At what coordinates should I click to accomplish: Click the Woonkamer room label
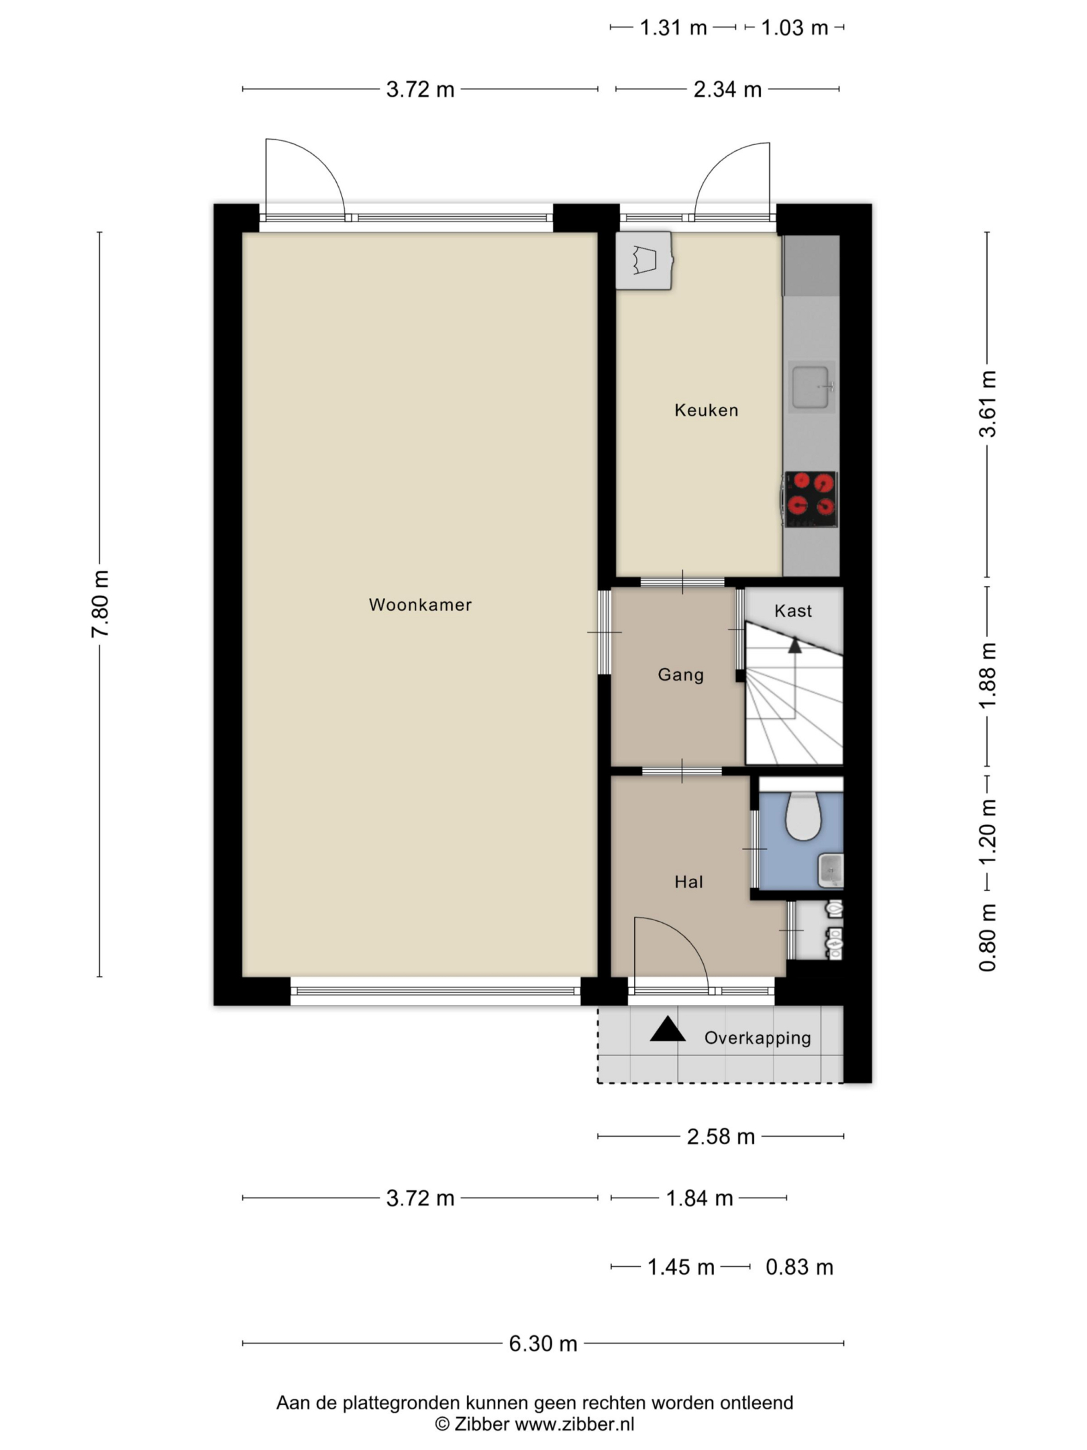(420, 605)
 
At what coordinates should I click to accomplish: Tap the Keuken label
(706, 410)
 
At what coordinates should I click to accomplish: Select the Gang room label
(680, 675)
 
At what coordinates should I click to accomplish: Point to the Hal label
(688, 882)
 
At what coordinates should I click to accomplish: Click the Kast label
(793, 611)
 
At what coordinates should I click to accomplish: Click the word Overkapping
(758, 1038)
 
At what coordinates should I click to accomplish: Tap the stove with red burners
(812, 499)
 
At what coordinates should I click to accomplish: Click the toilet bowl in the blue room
(804, 816)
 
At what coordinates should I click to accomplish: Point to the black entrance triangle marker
(667, 1030)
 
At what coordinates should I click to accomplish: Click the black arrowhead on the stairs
(795, 645)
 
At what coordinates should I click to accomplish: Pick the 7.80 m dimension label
(101, 604)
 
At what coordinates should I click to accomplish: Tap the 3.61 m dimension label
(988, 404)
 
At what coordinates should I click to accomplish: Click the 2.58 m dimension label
(721, 1137)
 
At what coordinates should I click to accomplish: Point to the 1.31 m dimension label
(673, 28)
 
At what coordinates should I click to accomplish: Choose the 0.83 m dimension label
(799, 1267)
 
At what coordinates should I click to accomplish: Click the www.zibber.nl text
(574, 1424)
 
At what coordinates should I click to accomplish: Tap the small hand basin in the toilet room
(831, 871)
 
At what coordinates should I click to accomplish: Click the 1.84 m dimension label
(699, 1198)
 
